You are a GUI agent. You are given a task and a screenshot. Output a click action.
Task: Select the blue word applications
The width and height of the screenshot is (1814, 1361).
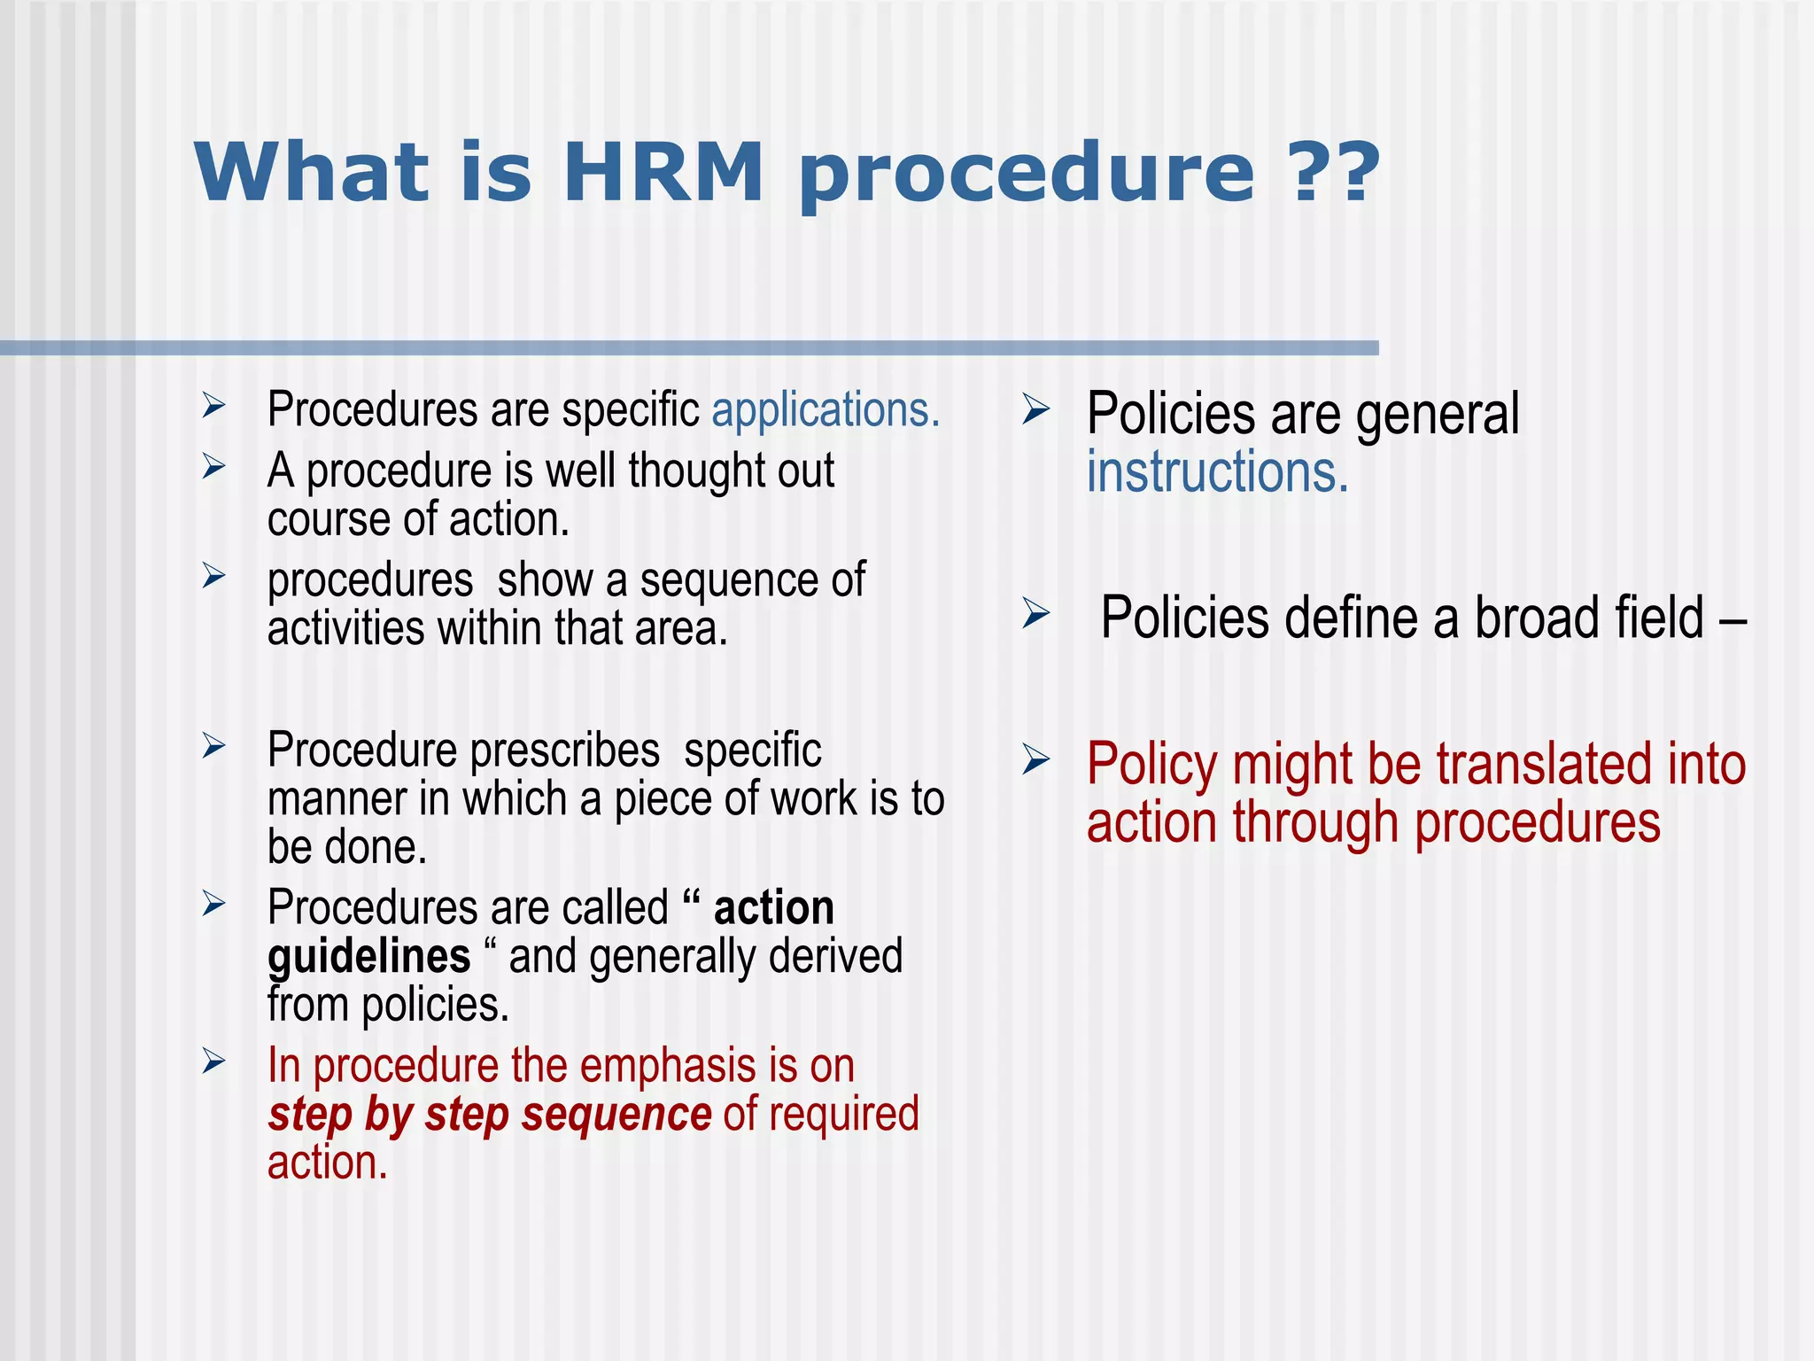[825, 410]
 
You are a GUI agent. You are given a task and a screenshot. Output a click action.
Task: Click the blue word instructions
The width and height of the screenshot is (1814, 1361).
[1217, 472]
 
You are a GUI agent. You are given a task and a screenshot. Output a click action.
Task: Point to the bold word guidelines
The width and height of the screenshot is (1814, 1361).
[368, 957]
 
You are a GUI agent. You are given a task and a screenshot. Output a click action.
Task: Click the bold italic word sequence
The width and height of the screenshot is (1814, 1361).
[616, 1115]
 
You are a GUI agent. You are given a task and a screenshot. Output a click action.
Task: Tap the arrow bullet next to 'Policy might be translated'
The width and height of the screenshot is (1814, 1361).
[1035, 760]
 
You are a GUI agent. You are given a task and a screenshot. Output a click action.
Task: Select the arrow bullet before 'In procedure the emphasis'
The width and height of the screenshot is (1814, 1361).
[213, 1061]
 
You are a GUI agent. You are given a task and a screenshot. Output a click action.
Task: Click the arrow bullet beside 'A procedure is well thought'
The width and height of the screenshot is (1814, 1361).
[213, 465]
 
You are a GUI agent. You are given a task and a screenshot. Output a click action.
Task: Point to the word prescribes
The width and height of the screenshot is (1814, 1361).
[564, 751]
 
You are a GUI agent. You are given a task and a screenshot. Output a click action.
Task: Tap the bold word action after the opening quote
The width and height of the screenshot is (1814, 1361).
[773, 908]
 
